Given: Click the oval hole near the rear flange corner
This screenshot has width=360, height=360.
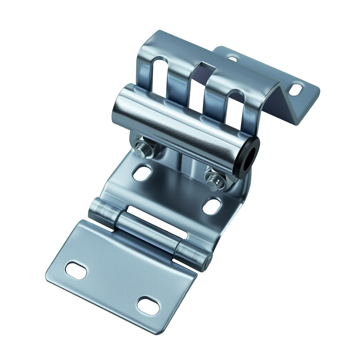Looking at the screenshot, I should [x=297, y=89].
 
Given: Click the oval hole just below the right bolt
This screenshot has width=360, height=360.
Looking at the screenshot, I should [x=212, y=206].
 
